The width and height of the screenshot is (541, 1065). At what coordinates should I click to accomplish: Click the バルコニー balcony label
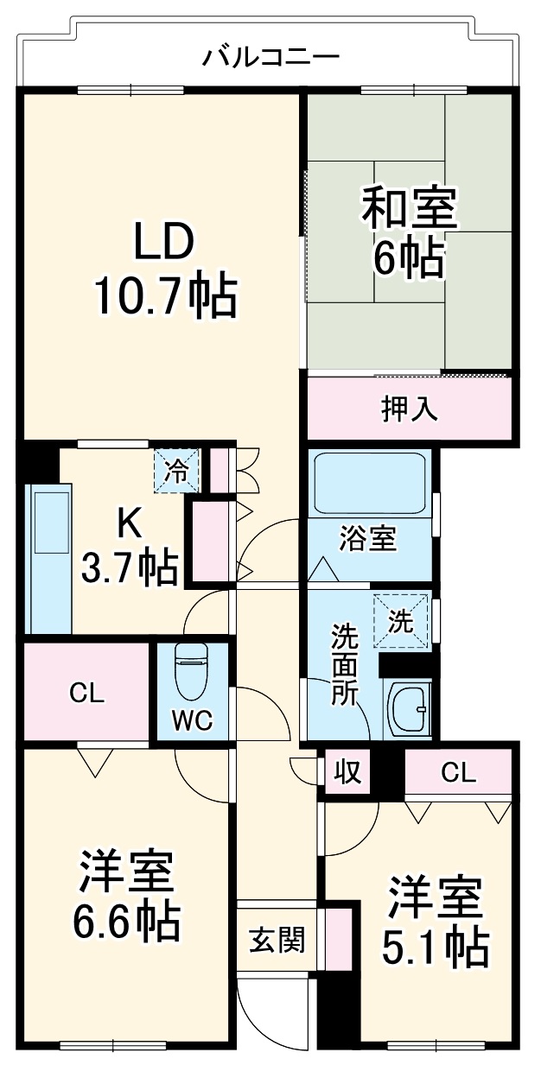pyautogui.click(x=270, y=58)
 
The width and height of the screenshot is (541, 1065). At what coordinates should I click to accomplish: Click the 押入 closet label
pyautogui.click(x=410, y=409)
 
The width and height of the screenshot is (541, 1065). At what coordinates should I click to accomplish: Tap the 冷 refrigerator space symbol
pyautogui.click(x=176, y=472)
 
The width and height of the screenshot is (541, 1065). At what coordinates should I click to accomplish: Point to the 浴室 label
pyautogui.click(x=369, y=540)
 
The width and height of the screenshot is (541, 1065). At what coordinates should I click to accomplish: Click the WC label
pyautogui.click(x=192, y=721)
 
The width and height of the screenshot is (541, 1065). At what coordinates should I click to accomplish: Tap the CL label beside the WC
pyautogui.click(x=86, y=693)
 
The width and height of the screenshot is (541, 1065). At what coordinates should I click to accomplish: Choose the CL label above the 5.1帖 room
pyautogui.click(x=458, y=773)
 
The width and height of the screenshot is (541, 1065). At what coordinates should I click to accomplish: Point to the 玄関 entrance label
pyautogui.click(x=277, y=940)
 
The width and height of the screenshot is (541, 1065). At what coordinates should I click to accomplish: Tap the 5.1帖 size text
pyautogui.click(x=435, y=948)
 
